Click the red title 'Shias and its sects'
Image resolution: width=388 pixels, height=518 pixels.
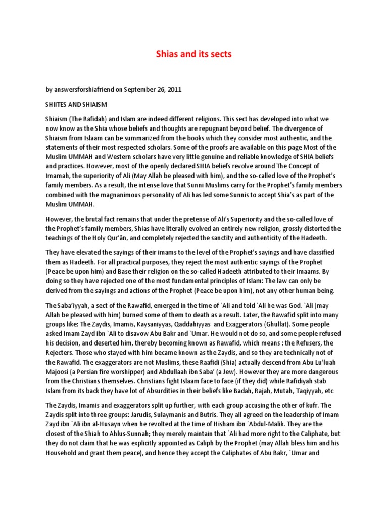coord(194,54)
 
